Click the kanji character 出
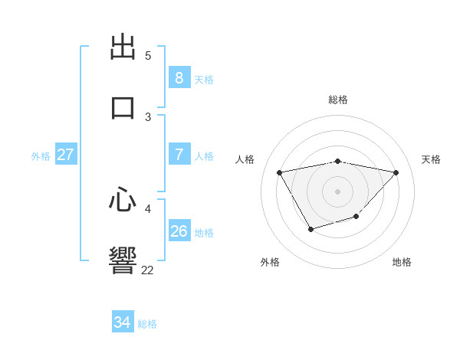coord(123,49)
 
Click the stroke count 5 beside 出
coord(148,56)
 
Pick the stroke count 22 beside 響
coord(147,270)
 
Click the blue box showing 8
coord(179,78)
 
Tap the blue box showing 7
coord(179,155)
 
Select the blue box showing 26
coord(179,231)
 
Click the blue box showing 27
coord(65,155)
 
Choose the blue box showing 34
coord(122,322)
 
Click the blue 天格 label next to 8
coord(204,80)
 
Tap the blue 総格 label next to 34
coord(147,324)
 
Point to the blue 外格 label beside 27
coord(41,156)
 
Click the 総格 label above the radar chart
coord(338,100)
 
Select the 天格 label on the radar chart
coord(431,159)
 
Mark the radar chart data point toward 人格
coord(280,172)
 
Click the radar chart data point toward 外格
coord(310,229)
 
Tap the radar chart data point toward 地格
coord(356,218)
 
